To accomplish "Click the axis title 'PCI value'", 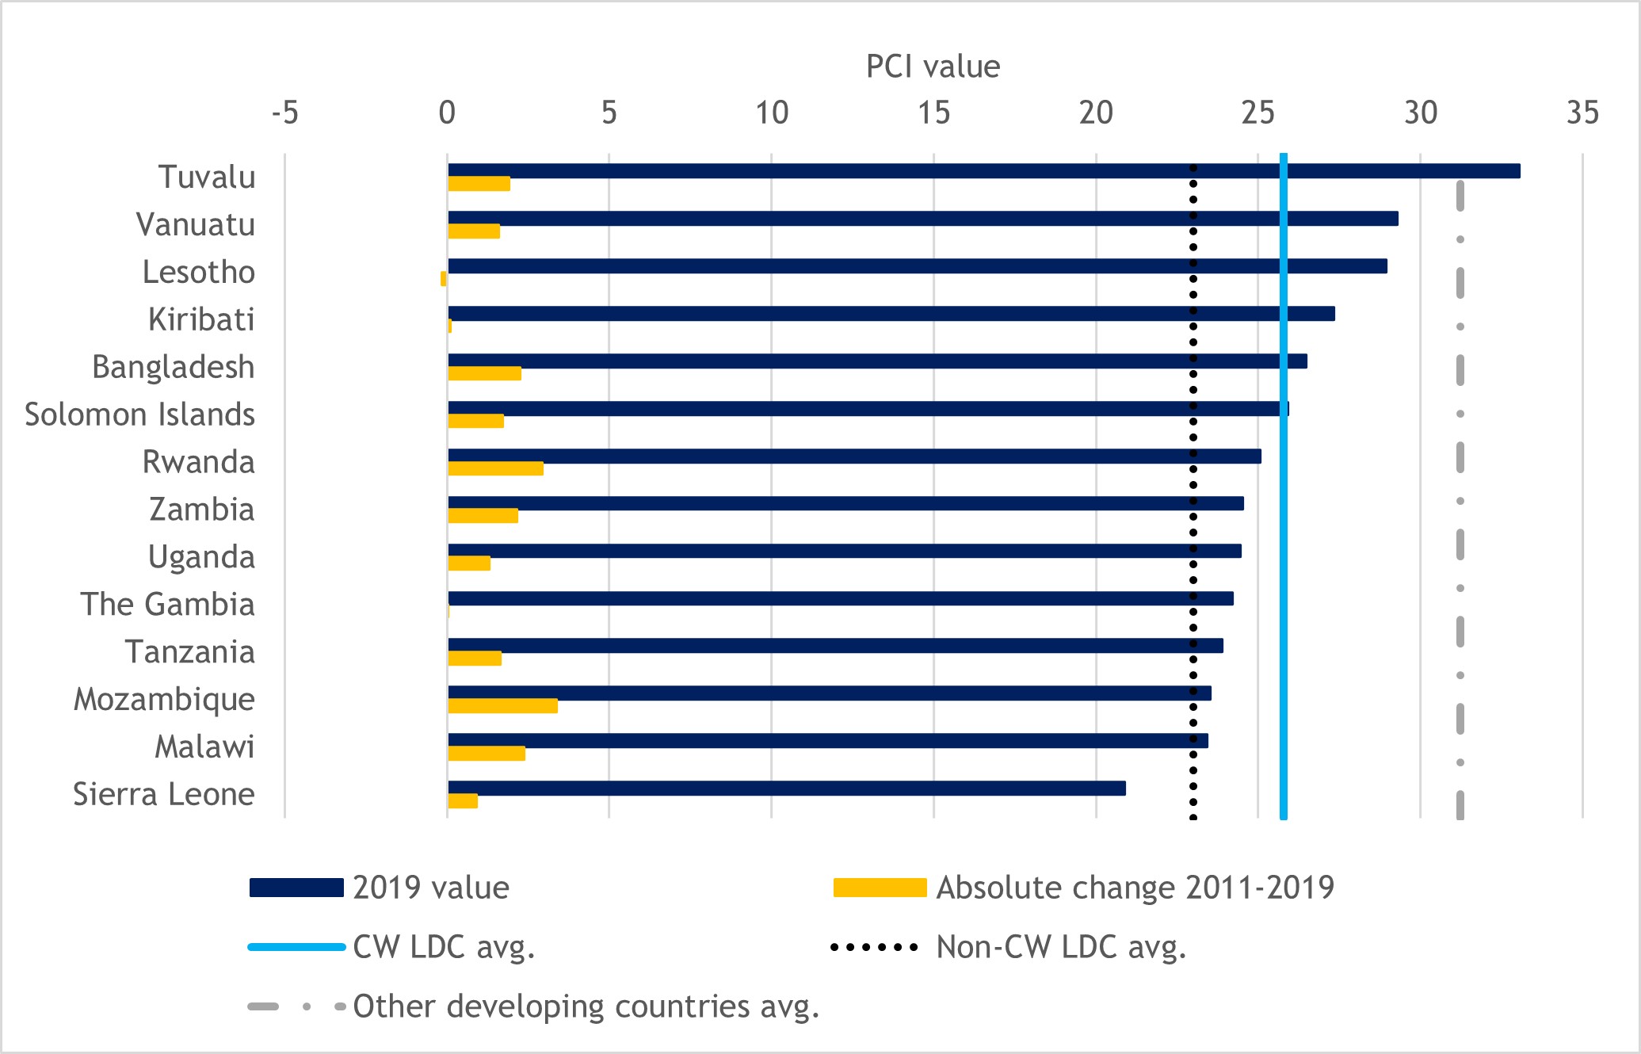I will tap(933, 67).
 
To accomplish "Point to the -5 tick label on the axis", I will tap(284, 113).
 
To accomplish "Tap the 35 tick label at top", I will tap(1582, 113).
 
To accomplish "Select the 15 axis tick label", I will tap(933, 113).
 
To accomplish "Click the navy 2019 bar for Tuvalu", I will tap(983, 171).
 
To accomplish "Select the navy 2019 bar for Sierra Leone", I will tap(786, 788).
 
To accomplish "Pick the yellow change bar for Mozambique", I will tap(502, 706).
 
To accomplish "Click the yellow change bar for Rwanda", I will tap(495, 468).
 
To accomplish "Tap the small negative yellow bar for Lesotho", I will tap(444, 278).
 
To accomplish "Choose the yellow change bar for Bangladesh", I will tap(484, 373).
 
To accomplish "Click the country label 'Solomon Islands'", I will tap(139, 414).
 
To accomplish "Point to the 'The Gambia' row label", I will tap(167, 605).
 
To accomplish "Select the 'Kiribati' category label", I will tap(201, 319).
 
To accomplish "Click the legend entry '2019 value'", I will tap(430, 888).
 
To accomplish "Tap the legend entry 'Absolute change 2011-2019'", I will tap(1135, 888).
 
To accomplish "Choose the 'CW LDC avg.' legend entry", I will tap(444, 947).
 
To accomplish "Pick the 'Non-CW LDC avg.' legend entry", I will tap(1061, 947).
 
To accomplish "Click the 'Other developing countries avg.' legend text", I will tap(586, 1006).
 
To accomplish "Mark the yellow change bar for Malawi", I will tap(487, 754).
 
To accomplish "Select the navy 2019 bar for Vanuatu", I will tap(922, 219).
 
